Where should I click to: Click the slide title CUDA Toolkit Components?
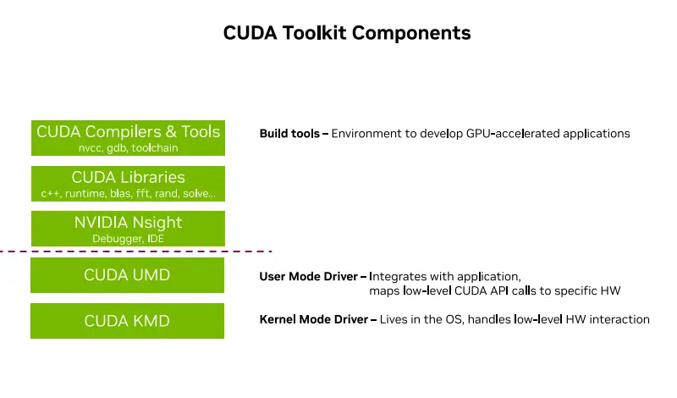[x=347, y=33]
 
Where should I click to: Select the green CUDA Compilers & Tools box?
[x=128, y=138]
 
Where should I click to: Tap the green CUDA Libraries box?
[x=128, y=184]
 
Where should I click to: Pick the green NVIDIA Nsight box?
[x=128, y=229]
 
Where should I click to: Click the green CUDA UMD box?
[x=128, y=275]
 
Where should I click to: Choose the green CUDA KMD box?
[x=128, y=321]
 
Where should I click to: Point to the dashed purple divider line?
[x=135, y=252]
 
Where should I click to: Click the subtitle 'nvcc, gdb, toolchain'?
[x=128, y=148]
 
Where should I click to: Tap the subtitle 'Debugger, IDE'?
[x=128, y=240]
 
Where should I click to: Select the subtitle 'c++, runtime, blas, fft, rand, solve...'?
[x=128, y=194]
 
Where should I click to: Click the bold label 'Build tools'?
[x=289, y=134]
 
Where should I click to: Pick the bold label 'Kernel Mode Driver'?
[x=313, y=319]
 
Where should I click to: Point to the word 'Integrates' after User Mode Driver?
[x=398, y=276]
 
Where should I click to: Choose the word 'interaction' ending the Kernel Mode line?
[x=620, y=319]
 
